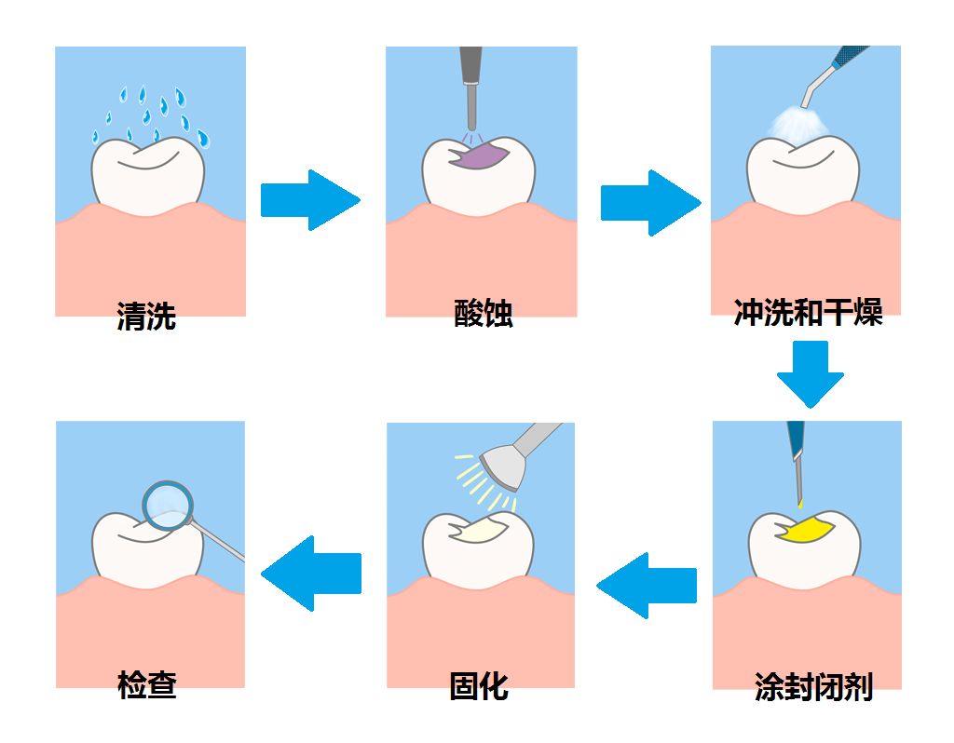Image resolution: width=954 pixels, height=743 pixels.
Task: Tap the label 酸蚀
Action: coord(483,314)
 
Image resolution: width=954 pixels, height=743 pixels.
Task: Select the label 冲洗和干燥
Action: coord(808,312)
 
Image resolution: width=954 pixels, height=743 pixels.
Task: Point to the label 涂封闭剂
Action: coord(813,687)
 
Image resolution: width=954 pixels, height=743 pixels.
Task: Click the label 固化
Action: coord(479,686)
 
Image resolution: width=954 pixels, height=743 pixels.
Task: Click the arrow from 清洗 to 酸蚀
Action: coord(308,199)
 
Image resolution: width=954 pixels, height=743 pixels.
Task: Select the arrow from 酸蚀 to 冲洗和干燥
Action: coord(648,202)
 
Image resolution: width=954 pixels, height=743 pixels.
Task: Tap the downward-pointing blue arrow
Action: coord(810,372)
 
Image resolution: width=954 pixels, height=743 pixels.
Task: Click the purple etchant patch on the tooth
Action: coord(480,155)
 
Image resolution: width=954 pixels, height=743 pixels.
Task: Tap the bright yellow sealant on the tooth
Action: coord(806,531)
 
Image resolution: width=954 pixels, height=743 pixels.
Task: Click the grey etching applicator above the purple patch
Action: coord(471,88)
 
